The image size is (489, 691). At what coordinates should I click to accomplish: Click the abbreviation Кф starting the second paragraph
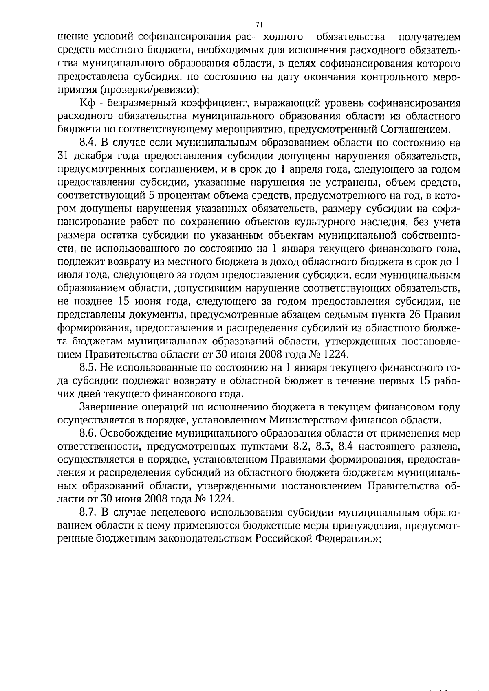click(87, 103)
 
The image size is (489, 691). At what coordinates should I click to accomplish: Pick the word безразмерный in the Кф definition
click(140, 103)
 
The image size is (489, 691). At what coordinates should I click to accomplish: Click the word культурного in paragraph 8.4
click(342, 222)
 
